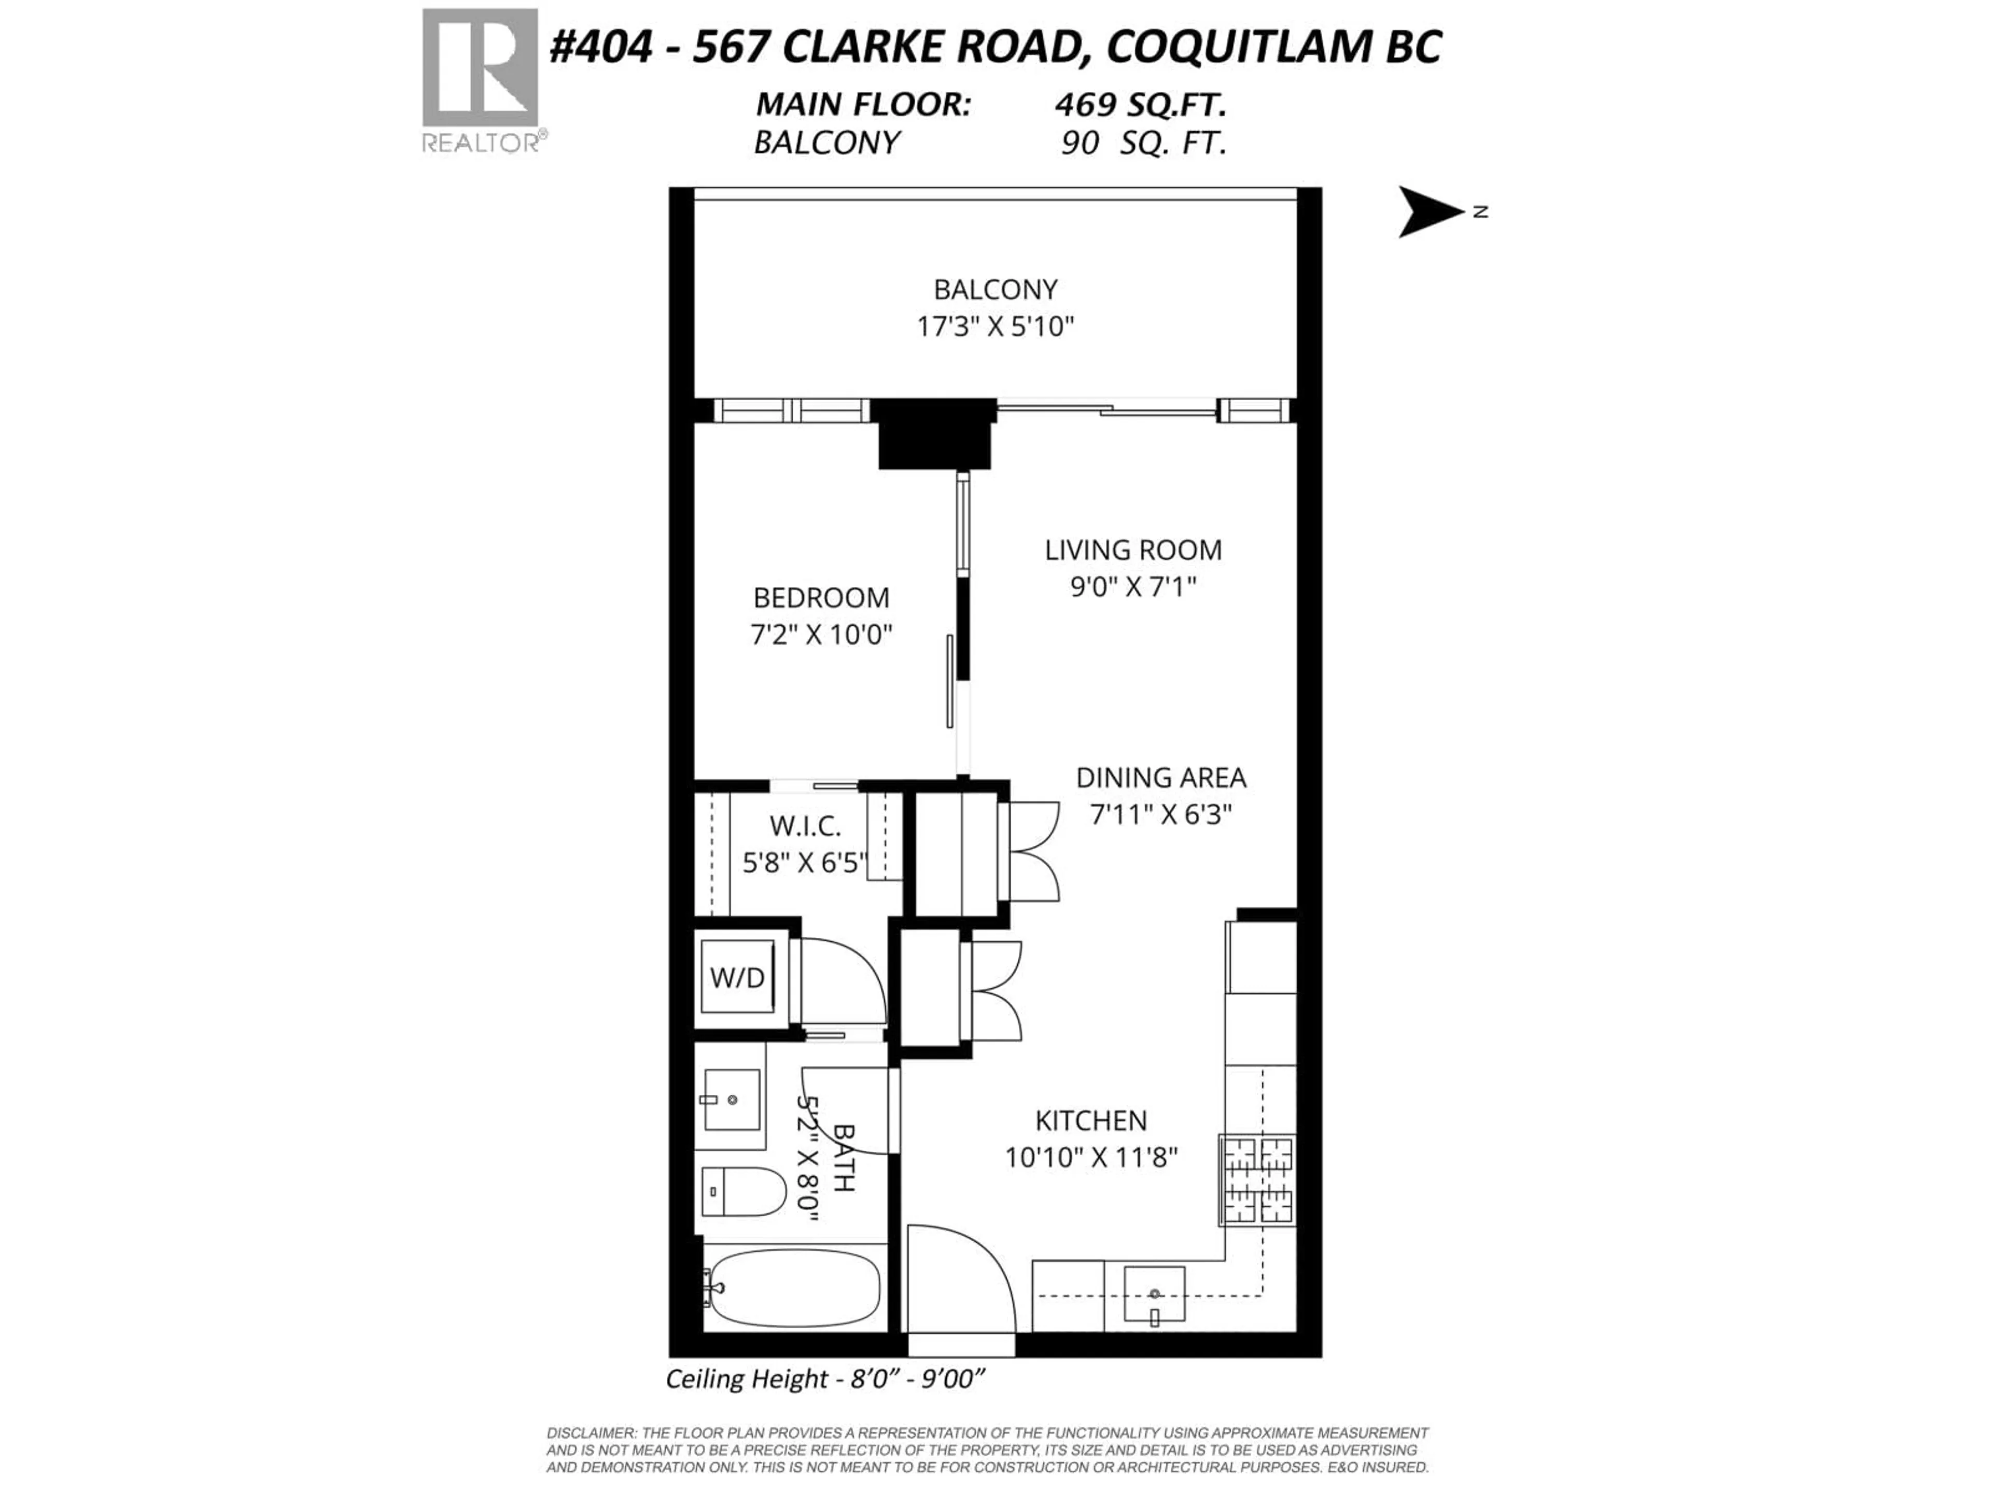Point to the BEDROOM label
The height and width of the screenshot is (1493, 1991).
tap(821, 598)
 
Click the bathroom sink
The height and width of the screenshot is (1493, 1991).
tap(731, 1100)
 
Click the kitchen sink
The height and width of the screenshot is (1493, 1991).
tap(1155, 1296)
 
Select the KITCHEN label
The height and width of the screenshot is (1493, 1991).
tap(1091, 1121)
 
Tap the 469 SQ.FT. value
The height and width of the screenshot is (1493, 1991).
tap(1140, 105)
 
